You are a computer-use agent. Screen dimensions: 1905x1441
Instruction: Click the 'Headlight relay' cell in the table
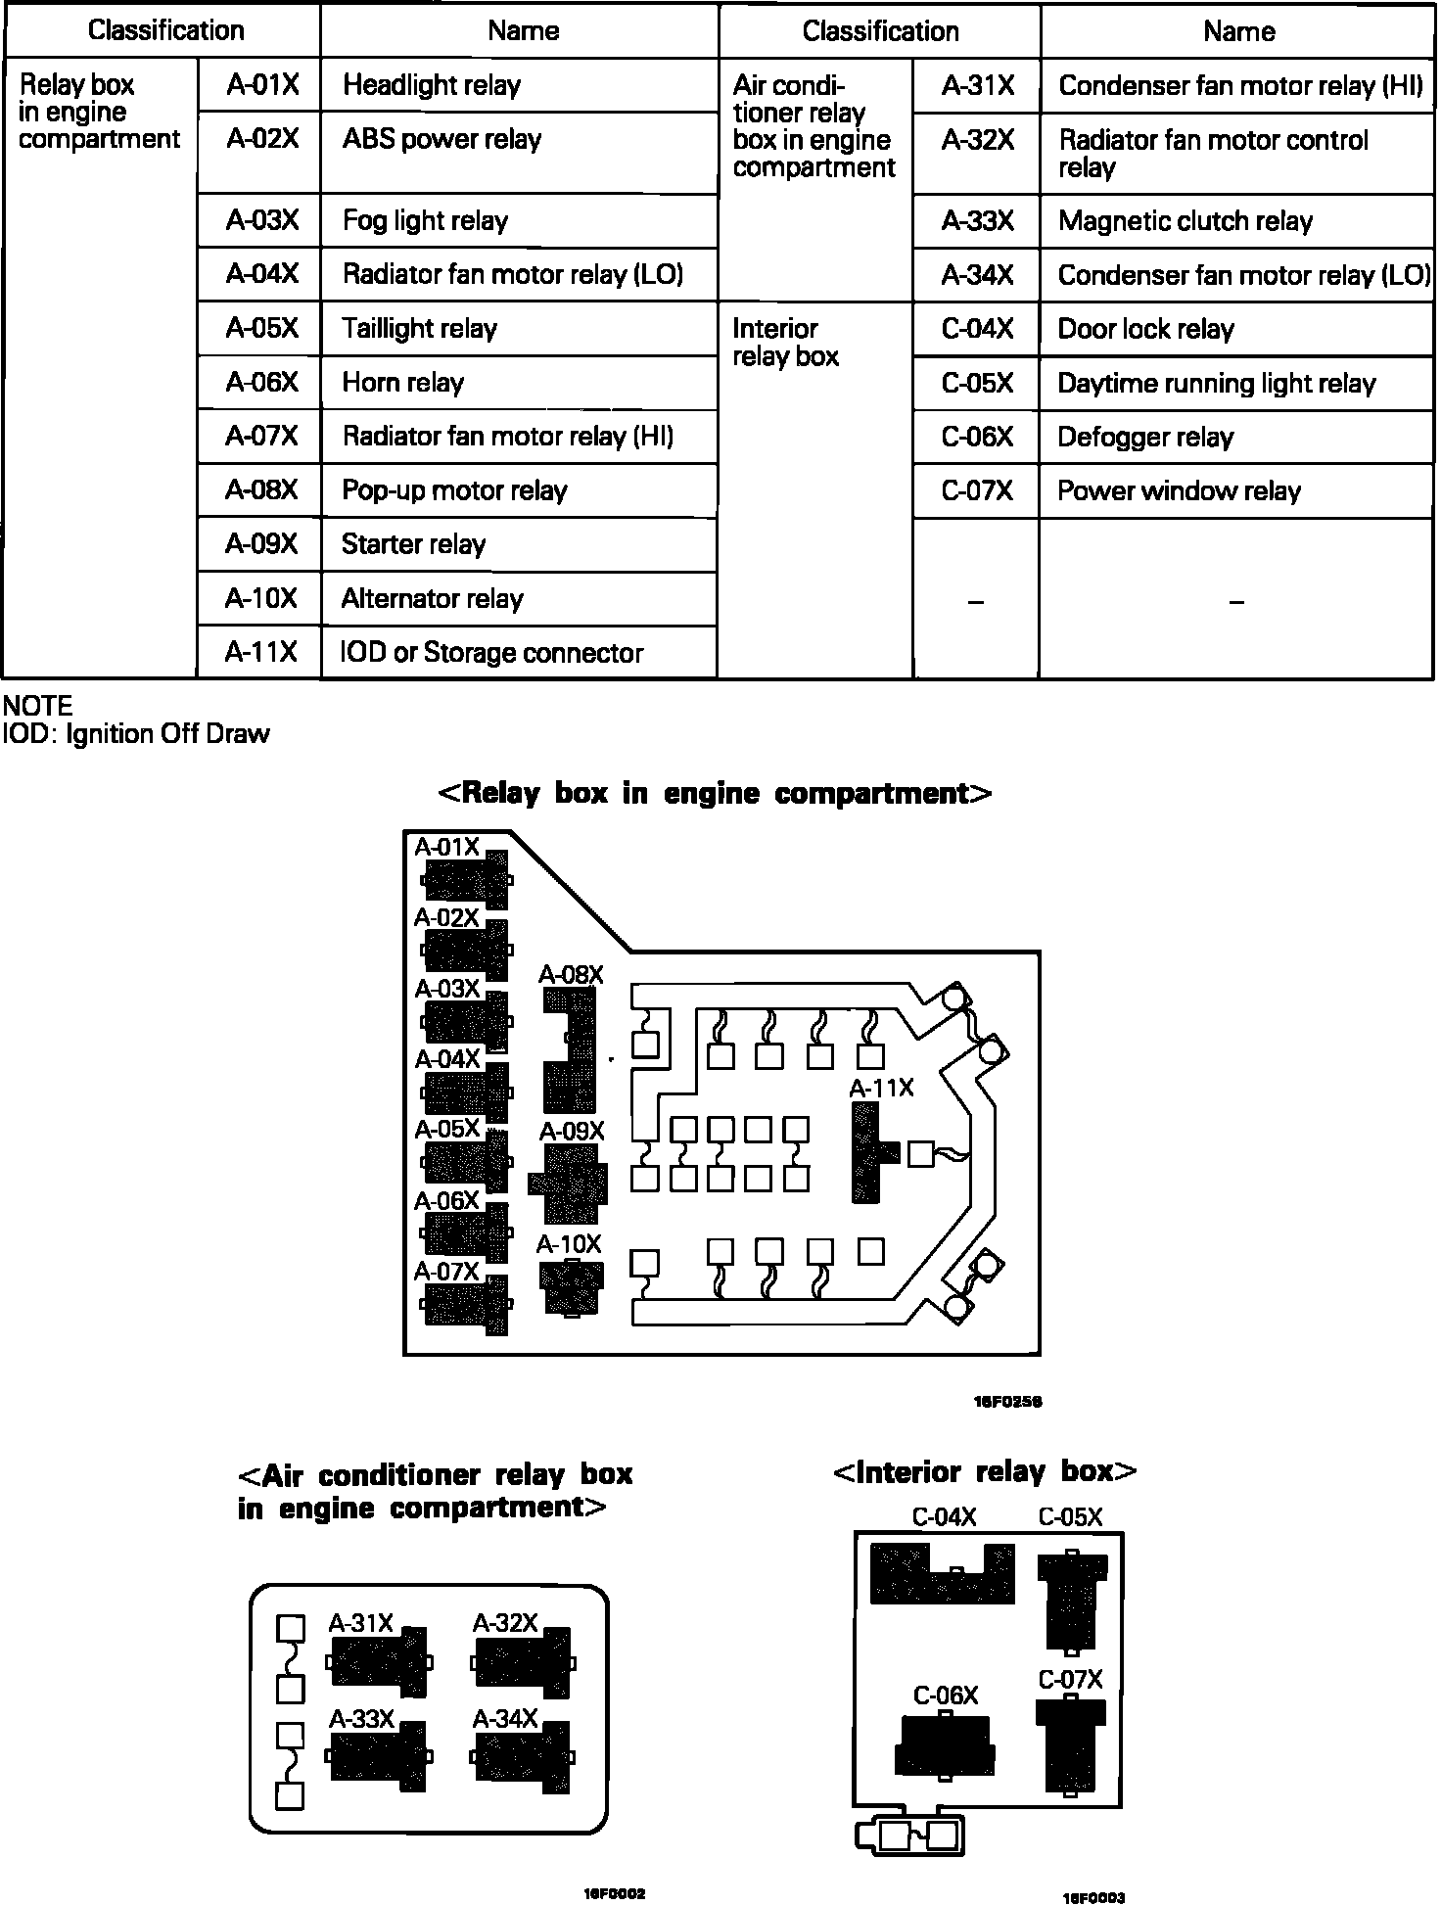coord(519,85)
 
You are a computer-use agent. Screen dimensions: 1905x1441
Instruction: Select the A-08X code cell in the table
coord(260,489)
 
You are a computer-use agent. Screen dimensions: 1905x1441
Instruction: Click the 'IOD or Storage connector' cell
coord(519,652)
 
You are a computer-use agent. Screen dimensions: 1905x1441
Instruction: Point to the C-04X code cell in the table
coord(976,329)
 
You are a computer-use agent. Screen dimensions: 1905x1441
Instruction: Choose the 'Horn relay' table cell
coord(519,383)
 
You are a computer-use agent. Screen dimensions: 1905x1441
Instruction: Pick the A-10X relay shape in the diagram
coord(572,1287)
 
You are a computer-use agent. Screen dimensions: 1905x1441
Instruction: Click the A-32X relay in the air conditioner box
coord(524,1661)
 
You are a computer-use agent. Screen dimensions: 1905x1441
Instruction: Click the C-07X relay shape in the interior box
coord(1070,1745)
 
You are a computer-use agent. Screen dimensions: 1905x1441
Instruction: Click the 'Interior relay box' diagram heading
coord(984,1472)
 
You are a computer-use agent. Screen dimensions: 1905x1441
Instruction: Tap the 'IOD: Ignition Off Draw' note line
coord(137,734)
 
